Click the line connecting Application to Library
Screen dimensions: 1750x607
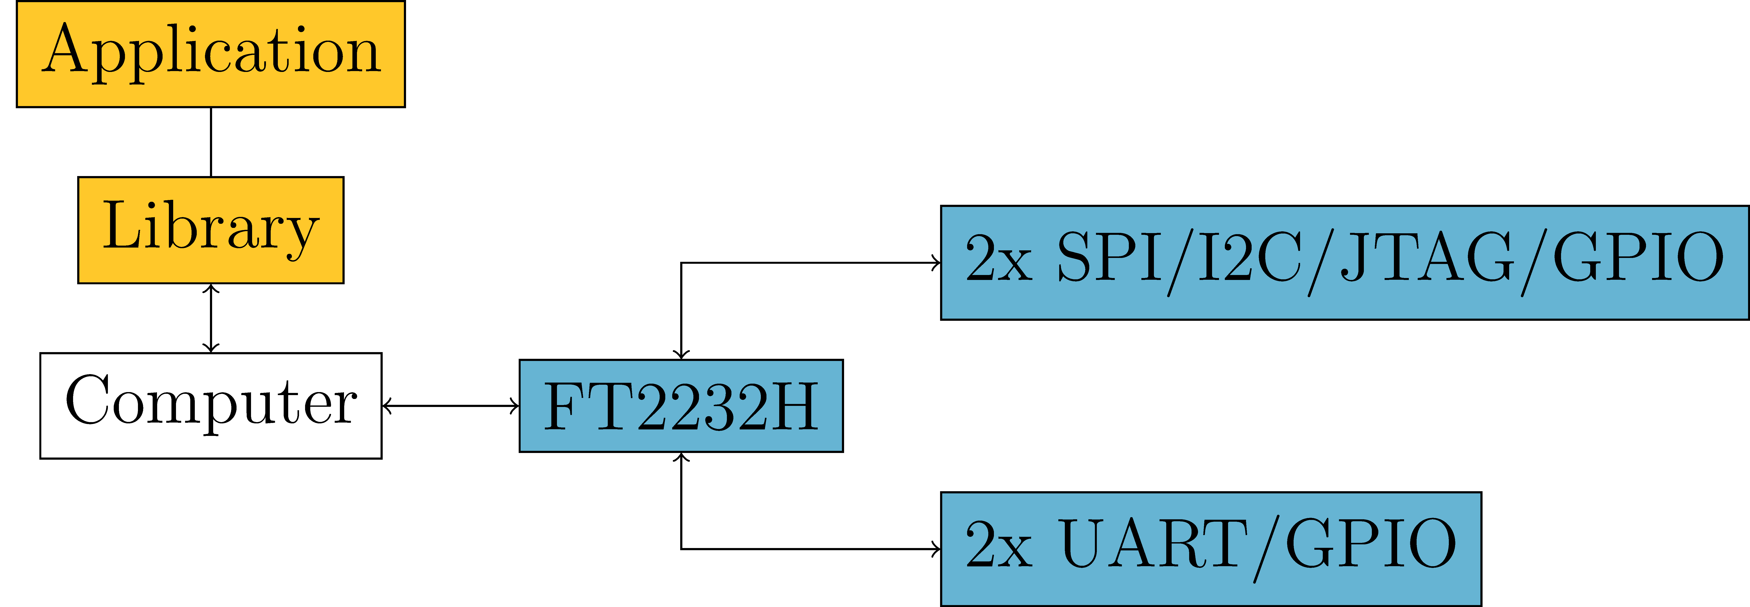pyautogui.click(x=211, y=142)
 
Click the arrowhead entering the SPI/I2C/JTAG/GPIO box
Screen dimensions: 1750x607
pyautogui.click(x=936, y=263)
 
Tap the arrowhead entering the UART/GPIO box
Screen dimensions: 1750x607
pyautogui.click(x=936, y=549)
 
